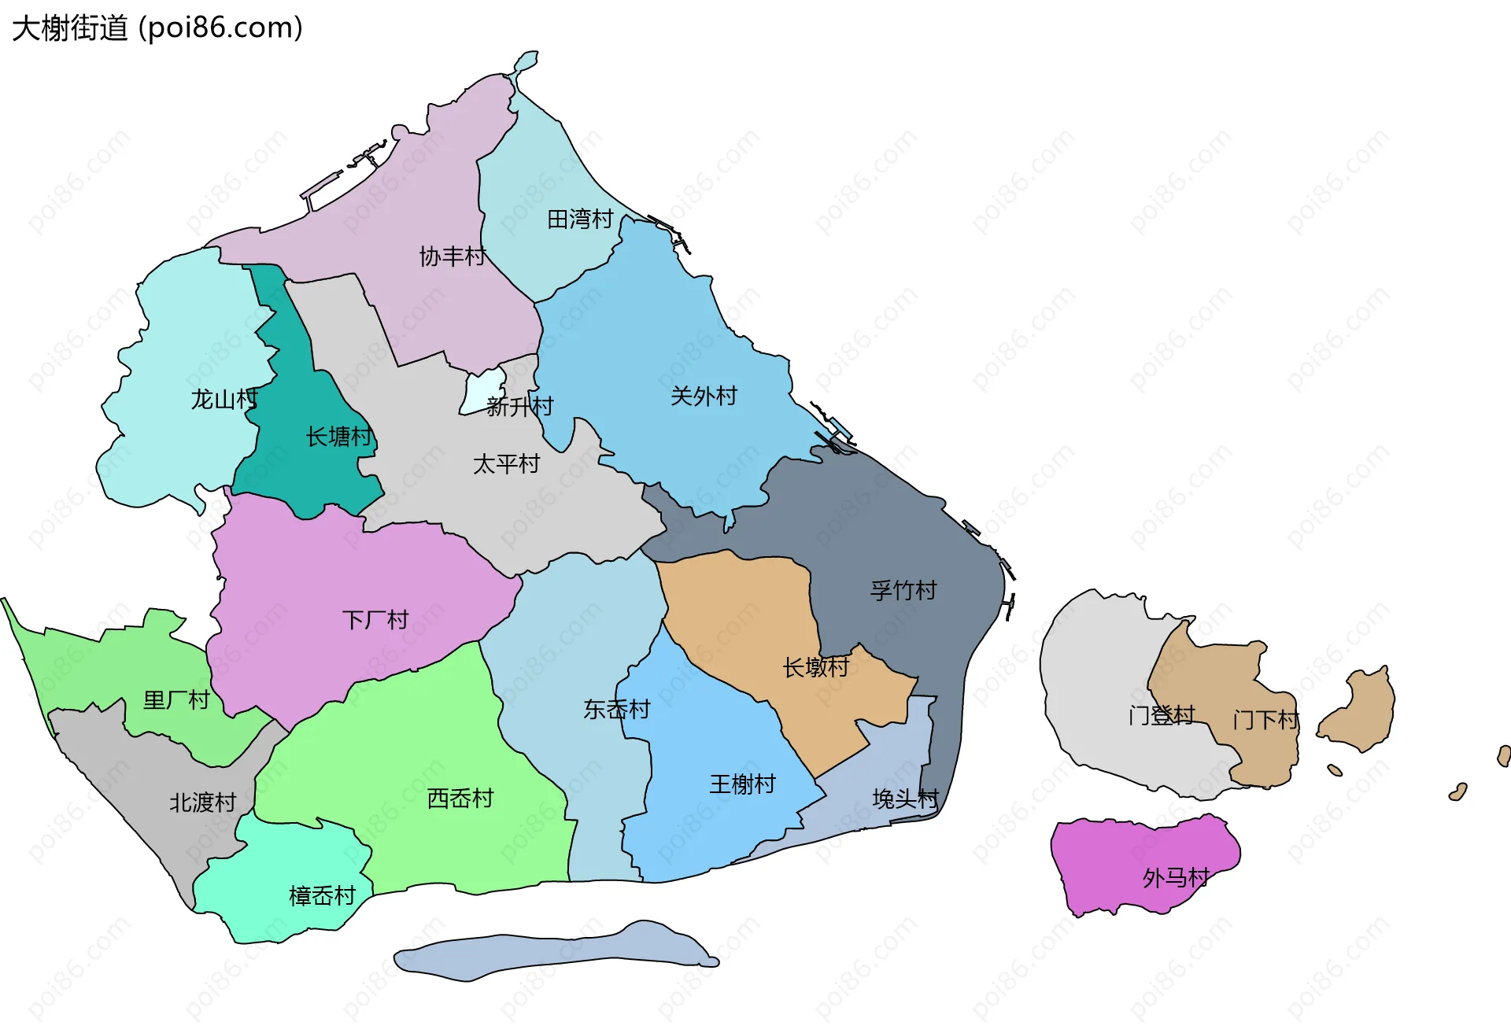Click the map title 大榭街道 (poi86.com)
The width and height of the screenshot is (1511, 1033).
(x=157, y=28)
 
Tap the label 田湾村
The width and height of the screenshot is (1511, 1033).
(x=580, y=219)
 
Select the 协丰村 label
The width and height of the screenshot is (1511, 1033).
(x=453, y=256)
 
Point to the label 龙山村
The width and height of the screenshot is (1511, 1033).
(x=224, y=399)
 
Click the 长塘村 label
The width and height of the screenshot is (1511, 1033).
(x=339, y=436)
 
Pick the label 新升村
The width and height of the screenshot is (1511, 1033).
(x=520, y=406)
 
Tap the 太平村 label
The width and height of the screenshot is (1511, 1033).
(x=506, y=463)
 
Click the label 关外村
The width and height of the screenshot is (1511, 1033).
(x=704, y=396)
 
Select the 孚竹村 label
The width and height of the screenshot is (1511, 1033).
(x=903, y=590)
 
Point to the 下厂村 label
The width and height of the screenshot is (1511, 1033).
(x=375, y=620)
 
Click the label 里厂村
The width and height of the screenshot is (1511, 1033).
(x=176, y=699)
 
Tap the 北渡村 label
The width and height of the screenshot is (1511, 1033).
(x=203, y=802)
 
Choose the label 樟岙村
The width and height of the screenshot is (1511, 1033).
(x=323, y=895)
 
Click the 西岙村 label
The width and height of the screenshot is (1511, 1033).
(x=460, y=799)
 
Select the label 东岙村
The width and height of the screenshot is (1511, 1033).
(x=617, y=709)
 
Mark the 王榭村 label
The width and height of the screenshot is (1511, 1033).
(x=743, y=784)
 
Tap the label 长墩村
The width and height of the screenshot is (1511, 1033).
(x=816, y=667)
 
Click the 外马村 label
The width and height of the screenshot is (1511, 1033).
(x=1176, y=877)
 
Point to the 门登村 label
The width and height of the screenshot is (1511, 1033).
(x=1162, y=715)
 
